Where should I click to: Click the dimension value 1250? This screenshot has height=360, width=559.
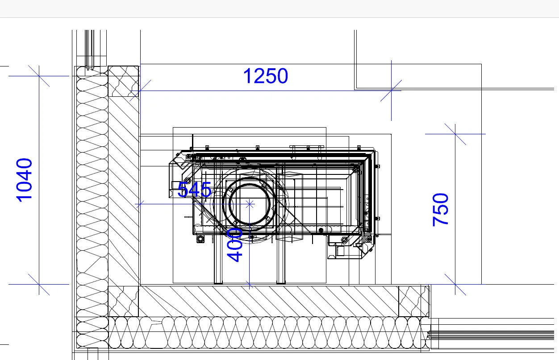click(x=266, y=76)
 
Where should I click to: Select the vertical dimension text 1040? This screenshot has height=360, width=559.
click(x=24, y=180)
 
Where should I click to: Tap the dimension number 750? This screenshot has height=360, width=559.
click(x=441, y=210)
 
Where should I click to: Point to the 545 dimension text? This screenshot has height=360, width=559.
click(x=194, y=190)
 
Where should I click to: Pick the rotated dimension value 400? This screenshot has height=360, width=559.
click(x=234, y=245)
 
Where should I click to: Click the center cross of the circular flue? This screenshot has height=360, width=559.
click(x=250, y=204)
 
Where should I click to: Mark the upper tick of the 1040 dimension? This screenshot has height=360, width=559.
click(x=39, y=76)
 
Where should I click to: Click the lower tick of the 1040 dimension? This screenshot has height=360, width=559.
click(x=39, y=284)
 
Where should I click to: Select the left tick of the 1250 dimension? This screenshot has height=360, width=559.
click(x=140, y=91)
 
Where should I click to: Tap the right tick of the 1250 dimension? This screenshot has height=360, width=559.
click(x=391, y=91)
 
